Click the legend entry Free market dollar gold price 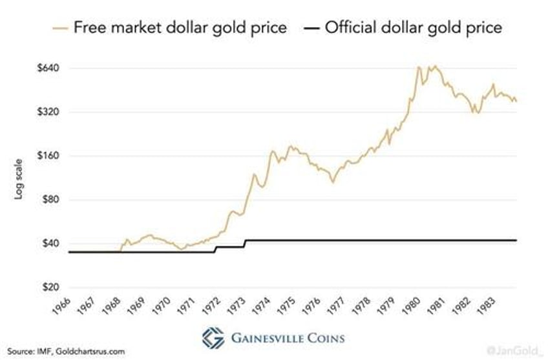click(169, 28)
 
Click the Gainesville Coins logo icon click(214, 337)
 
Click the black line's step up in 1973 click(245, 243)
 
